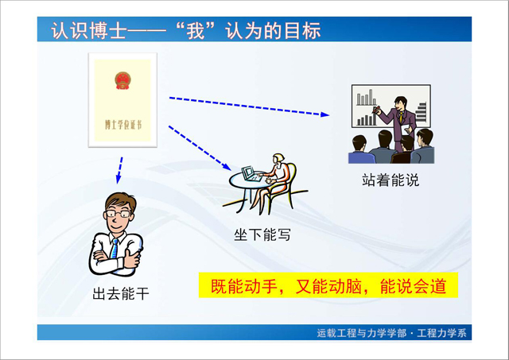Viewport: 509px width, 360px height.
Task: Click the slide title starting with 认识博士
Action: pyautogui.click(x=185, y=31)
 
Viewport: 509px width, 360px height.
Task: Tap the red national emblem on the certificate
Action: pyautogui.click(x=122, y=80)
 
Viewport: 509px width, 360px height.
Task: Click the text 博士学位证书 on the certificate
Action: pyautogui.click(x=123, y=125)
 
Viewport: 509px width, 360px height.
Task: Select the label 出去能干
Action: pyautogui.click(x=121, y=294)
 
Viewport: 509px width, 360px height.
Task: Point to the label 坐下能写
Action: pyautogui.click(x=262, y=234)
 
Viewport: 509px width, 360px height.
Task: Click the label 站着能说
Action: pyautogui.click(x=390, y=180)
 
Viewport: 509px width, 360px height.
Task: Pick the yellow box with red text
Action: pyautogui.click(x=328, y=285)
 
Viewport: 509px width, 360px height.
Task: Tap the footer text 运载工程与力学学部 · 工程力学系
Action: pyautogui.click(x=392, y=333)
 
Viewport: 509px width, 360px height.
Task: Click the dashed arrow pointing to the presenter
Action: pyautogui.click(x=249, y=106)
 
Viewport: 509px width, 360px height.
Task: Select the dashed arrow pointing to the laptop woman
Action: pyautogui.click(x=200, y=148)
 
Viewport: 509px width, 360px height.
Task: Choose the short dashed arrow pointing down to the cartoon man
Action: pyautogui.click(x=119, y=170)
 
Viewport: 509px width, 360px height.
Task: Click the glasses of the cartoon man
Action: pyautogui.click(x=118, y=214)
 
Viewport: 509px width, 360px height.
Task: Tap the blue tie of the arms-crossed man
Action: pyautogui.click(x=115, y=249)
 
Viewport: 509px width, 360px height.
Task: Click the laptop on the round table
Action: pyautogui.click(x=251, y=174)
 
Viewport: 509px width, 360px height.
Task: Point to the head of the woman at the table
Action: pyautogui.click(x=278, y=158)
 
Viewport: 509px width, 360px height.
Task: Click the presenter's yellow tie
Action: pyautogui.click(x=402, y=117)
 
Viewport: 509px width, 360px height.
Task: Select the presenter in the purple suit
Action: pyautogui.click(x=398, y=124)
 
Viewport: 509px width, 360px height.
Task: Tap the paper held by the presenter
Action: pyautogui.click(x=406, y=130)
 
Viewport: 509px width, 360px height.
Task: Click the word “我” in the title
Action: pyautogui.click(x=196, y=31)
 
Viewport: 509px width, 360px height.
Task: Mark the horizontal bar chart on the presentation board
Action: pyautogui.click(x=421, y=112)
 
